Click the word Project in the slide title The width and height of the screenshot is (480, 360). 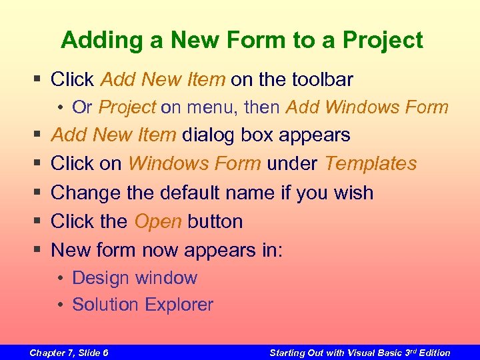tap(383, 41)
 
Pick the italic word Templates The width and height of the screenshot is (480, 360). tap(371, 164)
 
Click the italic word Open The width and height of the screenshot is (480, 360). tap(158, 221)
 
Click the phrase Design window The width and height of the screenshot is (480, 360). tap(135, 278)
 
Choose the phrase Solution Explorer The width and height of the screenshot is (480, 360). tap(143, 305)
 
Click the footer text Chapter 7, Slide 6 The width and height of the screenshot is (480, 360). tap(69, 353)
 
